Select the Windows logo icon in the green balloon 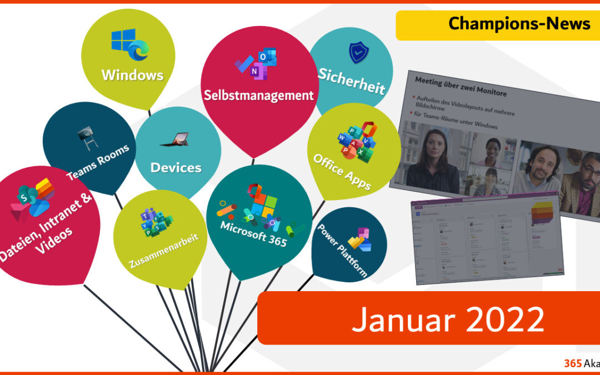129,44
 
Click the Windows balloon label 132,74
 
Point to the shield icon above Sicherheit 358,53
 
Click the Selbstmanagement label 258,96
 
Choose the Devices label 176,167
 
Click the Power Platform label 342,250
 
